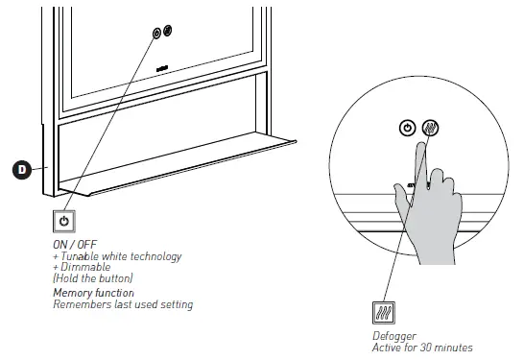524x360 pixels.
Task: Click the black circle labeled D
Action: [x=22, y=170]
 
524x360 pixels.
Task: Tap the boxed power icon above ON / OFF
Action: [x=64, y=222]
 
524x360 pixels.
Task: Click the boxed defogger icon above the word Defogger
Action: [x=384, y=313]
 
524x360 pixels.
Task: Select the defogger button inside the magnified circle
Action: [x=430, y=128]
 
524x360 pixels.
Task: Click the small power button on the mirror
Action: [x=156, y=33]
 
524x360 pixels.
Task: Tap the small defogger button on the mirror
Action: [x=167, y=31]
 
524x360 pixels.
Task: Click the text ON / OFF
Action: [x=75, y=245]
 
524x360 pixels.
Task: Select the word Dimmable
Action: [x=85, y=267]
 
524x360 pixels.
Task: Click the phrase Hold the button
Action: [x=93, y=278]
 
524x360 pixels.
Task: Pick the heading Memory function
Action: [x=94, y=293]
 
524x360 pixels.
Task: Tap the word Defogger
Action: [x=394, y=336]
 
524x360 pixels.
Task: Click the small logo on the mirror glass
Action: [x=162, y=69]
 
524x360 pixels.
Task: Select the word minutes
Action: [x=454, y=348]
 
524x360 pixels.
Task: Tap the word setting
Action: [x=177, y=305]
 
